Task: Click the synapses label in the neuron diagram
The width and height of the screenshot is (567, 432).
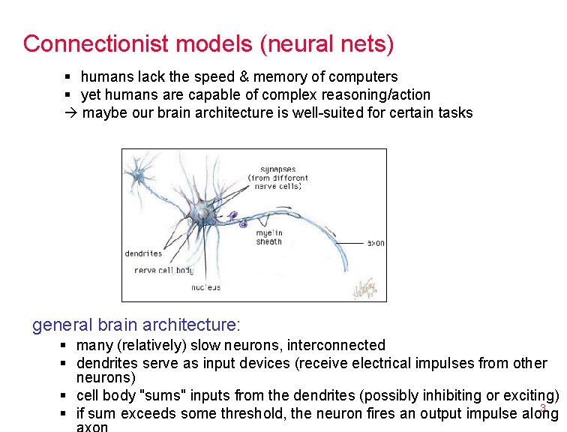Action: click(277, 169)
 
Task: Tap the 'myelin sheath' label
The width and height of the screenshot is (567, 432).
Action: click(268, 237)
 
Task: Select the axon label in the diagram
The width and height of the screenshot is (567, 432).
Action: click(376, 243)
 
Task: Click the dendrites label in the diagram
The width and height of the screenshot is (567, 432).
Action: click(143, 253)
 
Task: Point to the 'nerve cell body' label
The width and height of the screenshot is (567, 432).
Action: click(163, 271)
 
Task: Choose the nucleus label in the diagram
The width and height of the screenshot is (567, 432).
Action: click(205, 287)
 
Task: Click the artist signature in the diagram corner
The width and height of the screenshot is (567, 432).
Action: click(370, 287)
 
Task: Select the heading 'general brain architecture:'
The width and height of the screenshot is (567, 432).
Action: click(136, 325)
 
